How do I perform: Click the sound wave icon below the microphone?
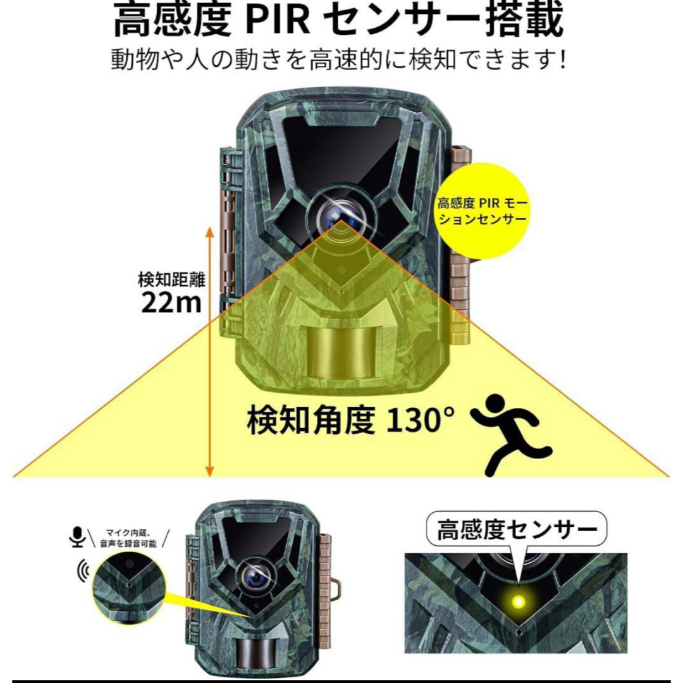click(83, 569)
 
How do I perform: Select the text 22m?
click(171, 302)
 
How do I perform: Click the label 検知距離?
click(171, 280)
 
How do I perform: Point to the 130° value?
click(421, 420)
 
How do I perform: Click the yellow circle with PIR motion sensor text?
click(482, 211)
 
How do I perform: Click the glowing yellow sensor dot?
click(519, 602)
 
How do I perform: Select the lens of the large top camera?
click(341, 217)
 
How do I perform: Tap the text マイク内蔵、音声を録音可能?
click(128, 538)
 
